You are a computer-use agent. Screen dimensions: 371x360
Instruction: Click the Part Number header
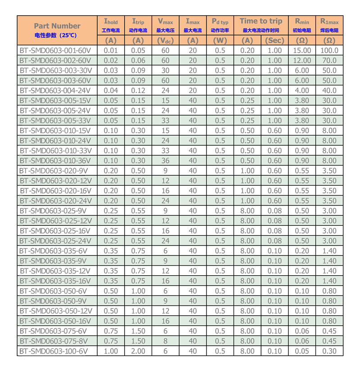click(x=57, y=26)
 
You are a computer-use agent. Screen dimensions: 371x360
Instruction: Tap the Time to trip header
click(x=261, y=21)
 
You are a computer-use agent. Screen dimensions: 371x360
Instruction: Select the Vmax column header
click(x=165, y=21)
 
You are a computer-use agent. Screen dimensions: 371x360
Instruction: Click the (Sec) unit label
click(x=274, y=40)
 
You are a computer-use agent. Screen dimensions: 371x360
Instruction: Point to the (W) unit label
click(x=220, y=40)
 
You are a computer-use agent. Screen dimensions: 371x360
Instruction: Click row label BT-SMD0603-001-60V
click(x=56, y=50)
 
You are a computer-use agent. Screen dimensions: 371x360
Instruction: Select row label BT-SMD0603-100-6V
click(x=54, y=351)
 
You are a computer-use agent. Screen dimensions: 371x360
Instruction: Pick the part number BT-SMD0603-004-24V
click(x=56, y=90)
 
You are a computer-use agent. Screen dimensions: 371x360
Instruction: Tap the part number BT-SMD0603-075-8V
click(x=54, y=341)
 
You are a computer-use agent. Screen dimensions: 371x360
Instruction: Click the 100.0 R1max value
click(x=329, y=50)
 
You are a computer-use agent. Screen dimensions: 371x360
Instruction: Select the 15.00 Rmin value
click(x=301, y=50)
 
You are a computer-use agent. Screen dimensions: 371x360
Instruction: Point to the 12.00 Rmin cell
click(x=301, y=60)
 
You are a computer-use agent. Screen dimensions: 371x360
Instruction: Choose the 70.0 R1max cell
click(x=329, y=60)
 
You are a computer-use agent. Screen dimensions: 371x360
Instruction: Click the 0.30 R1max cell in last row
click(x=329, y=351)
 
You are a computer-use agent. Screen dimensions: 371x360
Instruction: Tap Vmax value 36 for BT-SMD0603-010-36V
click(x=165, y=161)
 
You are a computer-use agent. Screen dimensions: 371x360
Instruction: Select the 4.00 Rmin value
click(x=301, y=90)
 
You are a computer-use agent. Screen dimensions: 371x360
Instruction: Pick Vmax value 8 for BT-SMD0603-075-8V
click(x=165, y=341)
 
